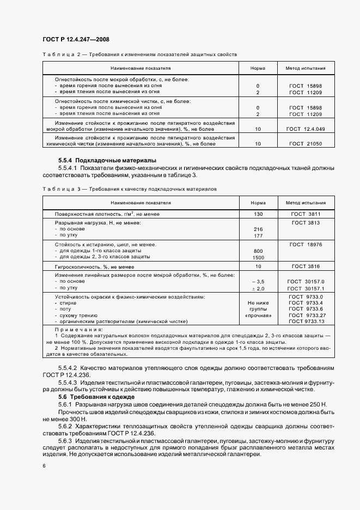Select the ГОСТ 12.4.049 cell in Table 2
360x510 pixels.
pyautogui.click(x=305, y=129)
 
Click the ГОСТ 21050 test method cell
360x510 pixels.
pyautogui.click(x=305, y=143)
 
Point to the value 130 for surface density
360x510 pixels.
pyautogui.click(x=258, y=214)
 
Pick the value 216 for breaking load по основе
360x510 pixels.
pyautogui.click(x=258, y=229)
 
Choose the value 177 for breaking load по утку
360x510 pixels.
pyautogui.click(x=258, y=235)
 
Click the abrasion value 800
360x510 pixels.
pyautogui.click(x=258, y=251)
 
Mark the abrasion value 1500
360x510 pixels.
pyautogui.click(x=258, y=257)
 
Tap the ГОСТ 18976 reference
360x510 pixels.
pyautogui.click(x=305, y=245)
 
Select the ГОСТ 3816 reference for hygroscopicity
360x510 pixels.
pyautogui.click(x=305, y=266)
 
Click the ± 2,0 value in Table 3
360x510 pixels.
pyautogui.click(x=258, y=287)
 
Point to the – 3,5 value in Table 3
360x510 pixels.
pyautogui.click(x=258, y=281)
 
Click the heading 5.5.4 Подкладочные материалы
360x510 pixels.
pyautogui.click(x=107, y=160)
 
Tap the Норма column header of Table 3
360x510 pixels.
pyautogui.click(x=258, y=202)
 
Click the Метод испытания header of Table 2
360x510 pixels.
pyautogui.click(x=305, y=69)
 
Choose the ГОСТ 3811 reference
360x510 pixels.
pyautogui.click(x=305, y=214)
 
